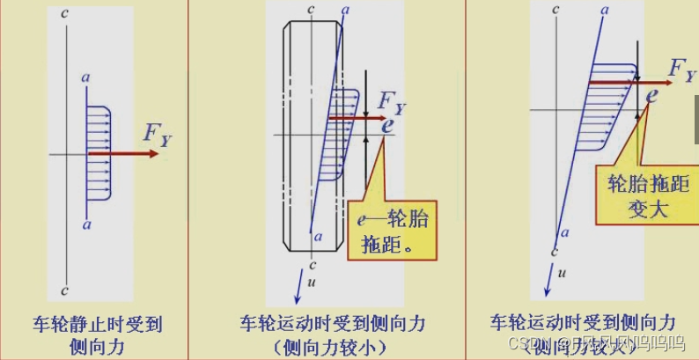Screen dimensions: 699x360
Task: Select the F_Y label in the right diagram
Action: coord(682,70)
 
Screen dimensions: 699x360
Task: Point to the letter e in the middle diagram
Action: coord(387,125)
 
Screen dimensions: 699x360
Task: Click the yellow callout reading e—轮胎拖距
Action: coord(393,231)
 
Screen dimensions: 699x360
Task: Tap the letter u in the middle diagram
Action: coord(312,281)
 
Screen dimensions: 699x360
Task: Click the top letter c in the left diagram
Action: coord(66,14)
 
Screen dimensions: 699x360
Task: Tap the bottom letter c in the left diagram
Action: coord(66,290)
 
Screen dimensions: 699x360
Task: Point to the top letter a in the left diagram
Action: coord(86,79)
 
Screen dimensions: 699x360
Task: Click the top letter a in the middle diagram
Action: coord(344,10)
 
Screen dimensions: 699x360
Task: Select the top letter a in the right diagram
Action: coord(605,11)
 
